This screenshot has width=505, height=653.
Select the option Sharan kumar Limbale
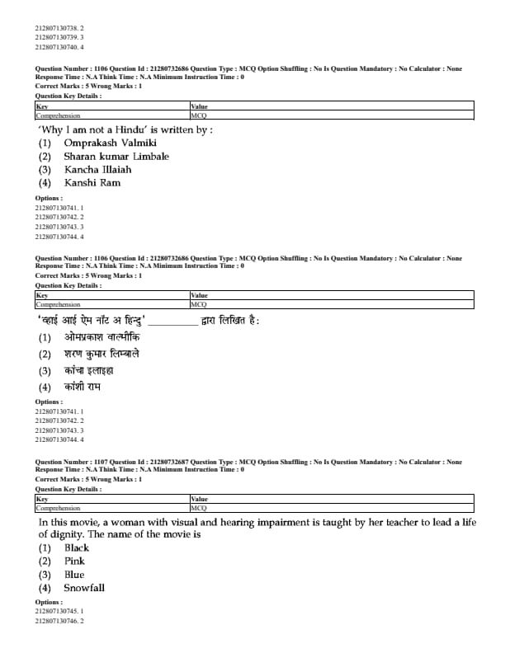coord(116,156)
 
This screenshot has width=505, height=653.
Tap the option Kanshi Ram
coord(92,182)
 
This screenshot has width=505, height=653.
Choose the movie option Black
coord(77,547)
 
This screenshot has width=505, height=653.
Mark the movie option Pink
coord(75,561)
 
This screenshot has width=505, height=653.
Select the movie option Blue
coord(74,574)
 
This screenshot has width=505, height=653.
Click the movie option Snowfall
coord(84,588)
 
